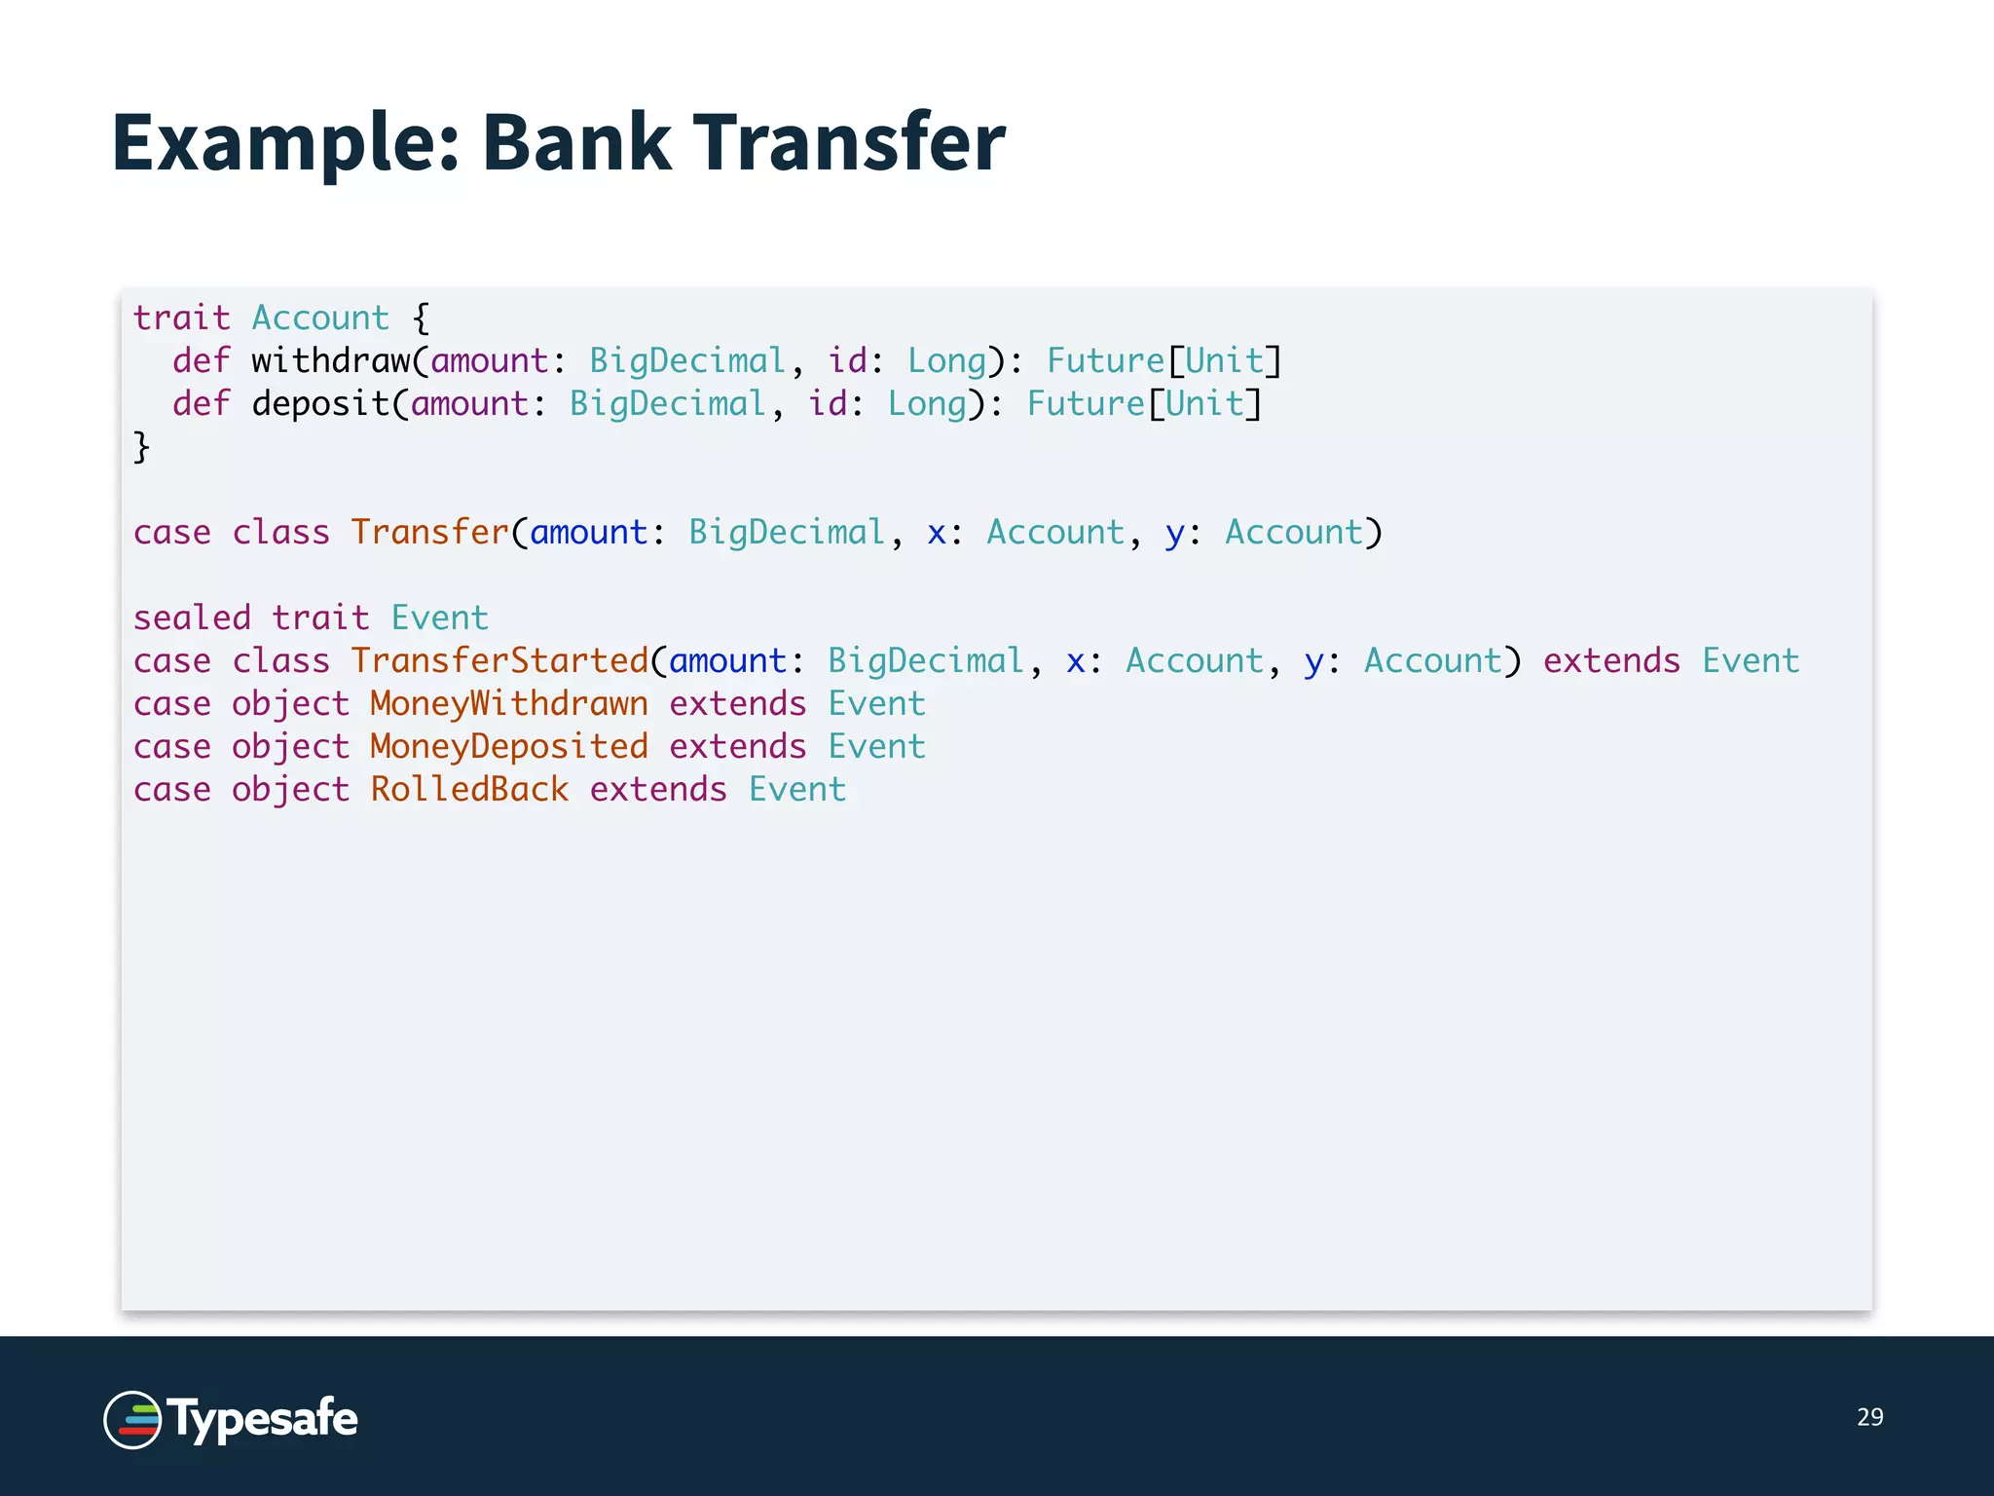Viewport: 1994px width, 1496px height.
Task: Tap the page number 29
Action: coord(1869,1417)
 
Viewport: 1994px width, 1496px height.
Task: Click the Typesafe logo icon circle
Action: coord(132,1419)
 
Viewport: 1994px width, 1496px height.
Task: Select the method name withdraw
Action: coord(331,361)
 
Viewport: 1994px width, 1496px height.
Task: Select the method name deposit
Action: coord(320,404)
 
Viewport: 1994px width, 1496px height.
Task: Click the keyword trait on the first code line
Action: coord(181,318)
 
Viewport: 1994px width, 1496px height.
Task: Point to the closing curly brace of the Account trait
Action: coord(142,447)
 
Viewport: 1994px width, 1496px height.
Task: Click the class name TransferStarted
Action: coord(499,661)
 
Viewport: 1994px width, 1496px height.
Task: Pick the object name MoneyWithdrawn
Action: coord(508,704)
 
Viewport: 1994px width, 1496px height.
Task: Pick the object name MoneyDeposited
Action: coord(508,747)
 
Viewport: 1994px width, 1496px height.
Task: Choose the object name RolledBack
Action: coord(469,790)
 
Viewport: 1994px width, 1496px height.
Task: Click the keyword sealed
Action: coord(192,618)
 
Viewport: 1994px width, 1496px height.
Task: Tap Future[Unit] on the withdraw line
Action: coord(1164,361)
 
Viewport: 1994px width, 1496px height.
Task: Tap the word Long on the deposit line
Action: coord(926,404)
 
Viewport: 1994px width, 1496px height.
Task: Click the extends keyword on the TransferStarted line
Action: coord(1611,661)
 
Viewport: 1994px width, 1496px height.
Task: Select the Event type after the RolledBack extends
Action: coord(797,790)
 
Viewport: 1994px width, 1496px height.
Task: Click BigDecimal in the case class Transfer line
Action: coord(787,533)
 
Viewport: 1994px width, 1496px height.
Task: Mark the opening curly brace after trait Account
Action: coord(421,318)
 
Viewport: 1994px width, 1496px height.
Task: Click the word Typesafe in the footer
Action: coord(263,1419)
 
